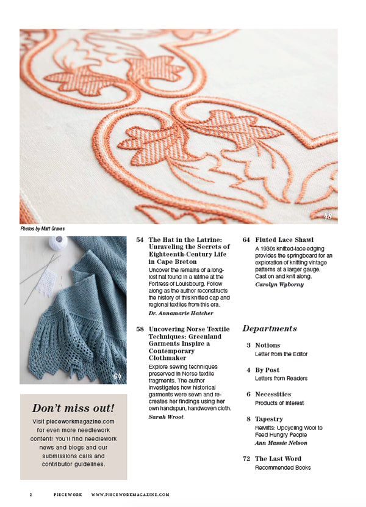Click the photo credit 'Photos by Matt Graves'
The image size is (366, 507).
42,229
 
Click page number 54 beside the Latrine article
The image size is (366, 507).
140,240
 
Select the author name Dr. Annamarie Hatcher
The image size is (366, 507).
181,313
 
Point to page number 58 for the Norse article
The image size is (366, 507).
140,329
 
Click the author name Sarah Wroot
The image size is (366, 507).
166,417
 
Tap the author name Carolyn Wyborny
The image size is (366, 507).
279,285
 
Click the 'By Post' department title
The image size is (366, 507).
267,370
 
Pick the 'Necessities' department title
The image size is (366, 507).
273,394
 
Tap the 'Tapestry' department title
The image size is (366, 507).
269,419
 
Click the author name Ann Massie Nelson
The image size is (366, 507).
281,443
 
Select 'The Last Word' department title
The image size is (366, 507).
278,459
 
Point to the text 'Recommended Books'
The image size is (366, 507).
282,467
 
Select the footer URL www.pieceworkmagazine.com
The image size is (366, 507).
130,494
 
